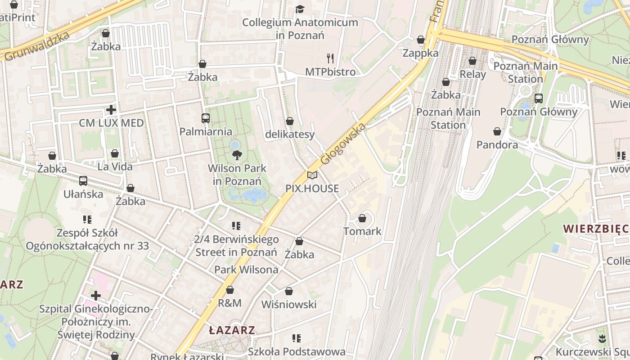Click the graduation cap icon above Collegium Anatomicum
300,9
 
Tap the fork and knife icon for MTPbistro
330,58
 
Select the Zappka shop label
420,53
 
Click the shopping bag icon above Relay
472,60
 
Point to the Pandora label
497,144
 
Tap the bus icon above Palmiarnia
206,118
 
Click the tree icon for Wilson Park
237,155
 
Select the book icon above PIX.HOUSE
312,175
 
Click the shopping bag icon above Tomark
362,218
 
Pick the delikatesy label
290,134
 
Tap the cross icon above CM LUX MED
111,109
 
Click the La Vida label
115,166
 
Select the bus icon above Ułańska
83,181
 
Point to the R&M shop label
229,303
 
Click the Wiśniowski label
289,304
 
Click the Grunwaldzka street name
38,47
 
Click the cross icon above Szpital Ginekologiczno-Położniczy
95,296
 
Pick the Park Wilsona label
246,270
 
